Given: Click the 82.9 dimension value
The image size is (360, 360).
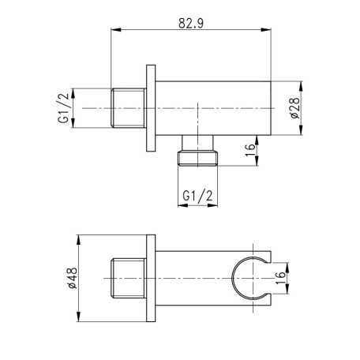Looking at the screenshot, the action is (191, 23).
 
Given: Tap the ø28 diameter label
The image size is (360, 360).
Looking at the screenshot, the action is (295, 108).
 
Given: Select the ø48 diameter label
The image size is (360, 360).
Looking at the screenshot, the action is (72, 278).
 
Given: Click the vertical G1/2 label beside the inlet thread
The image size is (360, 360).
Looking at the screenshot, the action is (63, 108).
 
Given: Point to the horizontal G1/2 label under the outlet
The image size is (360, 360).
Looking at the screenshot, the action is (197, 196).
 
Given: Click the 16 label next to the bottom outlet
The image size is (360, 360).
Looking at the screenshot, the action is (251, 150).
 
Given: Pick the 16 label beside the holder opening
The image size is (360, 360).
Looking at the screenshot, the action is (280, 278).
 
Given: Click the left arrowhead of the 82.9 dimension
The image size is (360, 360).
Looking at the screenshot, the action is (116, 29).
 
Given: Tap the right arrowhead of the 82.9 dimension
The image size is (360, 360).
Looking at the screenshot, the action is (266, 29).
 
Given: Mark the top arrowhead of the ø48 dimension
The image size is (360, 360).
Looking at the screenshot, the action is (78, 240).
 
